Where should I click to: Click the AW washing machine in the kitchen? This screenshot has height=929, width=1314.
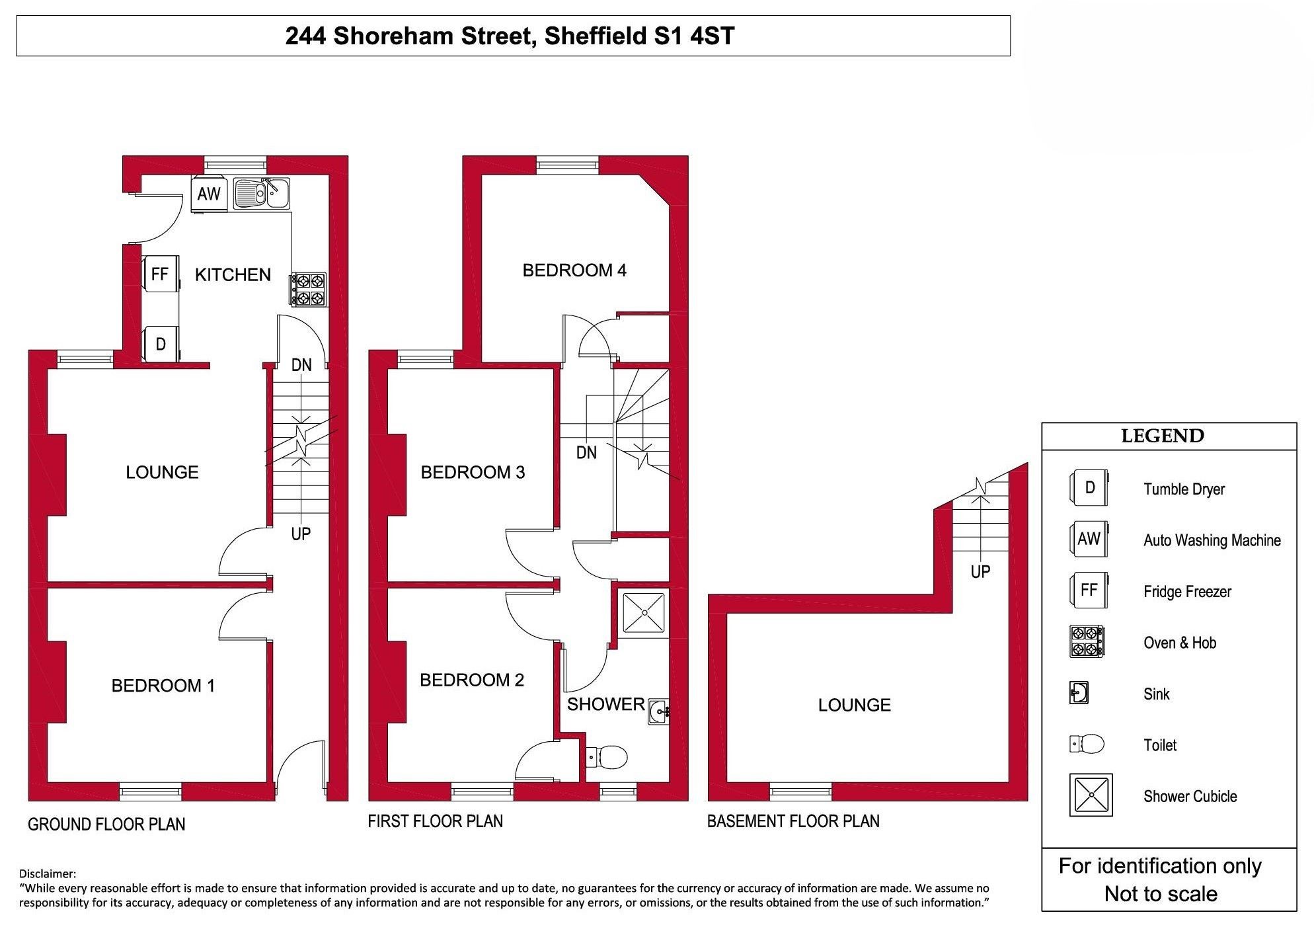click(x=210, y=194)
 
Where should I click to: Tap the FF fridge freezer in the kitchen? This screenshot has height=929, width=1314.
click(x=161, y=274)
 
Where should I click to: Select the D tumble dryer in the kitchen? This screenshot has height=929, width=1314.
click(x=161, y=344)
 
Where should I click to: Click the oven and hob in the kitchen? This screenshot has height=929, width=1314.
click(x=309, y=290)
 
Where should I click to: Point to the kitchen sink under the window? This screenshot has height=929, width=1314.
click(x=261, y=193)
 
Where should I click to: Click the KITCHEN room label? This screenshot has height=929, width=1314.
click(x=233, y=274)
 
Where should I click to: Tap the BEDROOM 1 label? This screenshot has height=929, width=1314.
click(x=163, y=686)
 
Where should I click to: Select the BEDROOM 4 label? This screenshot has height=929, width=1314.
click(x=574, y=270)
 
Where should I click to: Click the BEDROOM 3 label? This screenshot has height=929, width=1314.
click(x=473, y=472)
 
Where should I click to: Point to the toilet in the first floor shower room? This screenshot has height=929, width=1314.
click(x=606, y=756)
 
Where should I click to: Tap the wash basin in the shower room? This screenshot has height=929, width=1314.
click(x=658, y=711)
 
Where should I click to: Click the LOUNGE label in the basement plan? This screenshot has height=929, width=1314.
click(x=854, y=705)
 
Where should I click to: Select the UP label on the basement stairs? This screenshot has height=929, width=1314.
click(x=980, y=571)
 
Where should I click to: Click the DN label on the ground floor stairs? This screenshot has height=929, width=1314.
click(x=301, y=364)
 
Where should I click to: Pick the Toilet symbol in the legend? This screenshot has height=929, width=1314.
click(x=1087, y=744)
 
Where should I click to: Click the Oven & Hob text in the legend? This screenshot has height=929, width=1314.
click(x=1180, y=643)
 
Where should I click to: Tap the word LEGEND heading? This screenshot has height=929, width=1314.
click(x=1163, y=436)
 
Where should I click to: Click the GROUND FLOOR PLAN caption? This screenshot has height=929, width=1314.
click(x=106, y=824)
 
